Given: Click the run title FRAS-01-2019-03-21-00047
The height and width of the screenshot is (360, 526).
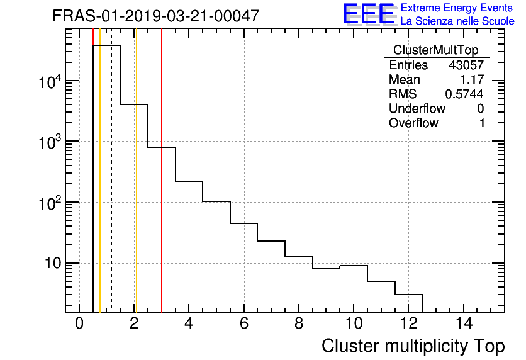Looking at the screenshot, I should (155, 16).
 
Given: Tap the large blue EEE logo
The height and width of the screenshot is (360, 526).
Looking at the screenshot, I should (368, 14).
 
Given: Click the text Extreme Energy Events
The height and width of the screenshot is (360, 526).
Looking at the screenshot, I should (457, 8).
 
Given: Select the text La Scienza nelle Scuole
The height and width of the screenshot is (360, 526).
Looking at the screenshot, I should (457, 21).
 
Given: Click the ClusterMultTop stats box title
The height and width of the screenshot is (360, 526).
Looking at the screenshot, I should (435, 50).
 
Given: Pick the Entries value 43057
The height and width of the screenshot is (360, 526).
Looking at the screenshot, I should (466, 65).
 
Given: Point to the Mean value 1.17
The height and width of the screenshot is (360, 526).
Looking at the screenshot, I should (473, 80).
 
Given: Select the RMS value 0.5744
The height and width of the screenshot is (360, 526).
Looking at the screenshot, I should (464, 94).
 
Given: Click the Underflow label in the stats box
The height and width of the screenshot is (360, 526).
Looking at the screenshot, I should (417, 109).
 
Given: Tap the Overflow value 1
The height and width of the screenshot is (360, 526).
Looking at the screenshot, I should (482, 123).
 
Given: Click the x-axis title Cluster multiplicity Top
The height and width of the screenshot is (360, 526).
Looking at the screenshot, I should (413, 346).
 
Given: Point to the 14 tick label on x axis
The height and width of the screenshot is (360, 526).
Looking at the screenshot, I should (463, 324).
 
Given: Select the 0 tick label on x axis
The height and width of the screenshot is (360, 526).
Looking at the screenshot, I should (79, 324).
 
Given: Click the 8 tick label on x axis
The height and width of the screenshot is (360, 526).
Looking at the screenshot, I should (299, 324).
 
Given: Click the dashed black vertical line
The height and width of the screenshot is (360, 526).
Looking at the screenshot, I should (111, 189).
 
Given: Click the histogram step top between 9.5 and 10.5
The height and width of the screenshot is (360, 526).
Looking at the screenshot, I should (354, 266).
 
